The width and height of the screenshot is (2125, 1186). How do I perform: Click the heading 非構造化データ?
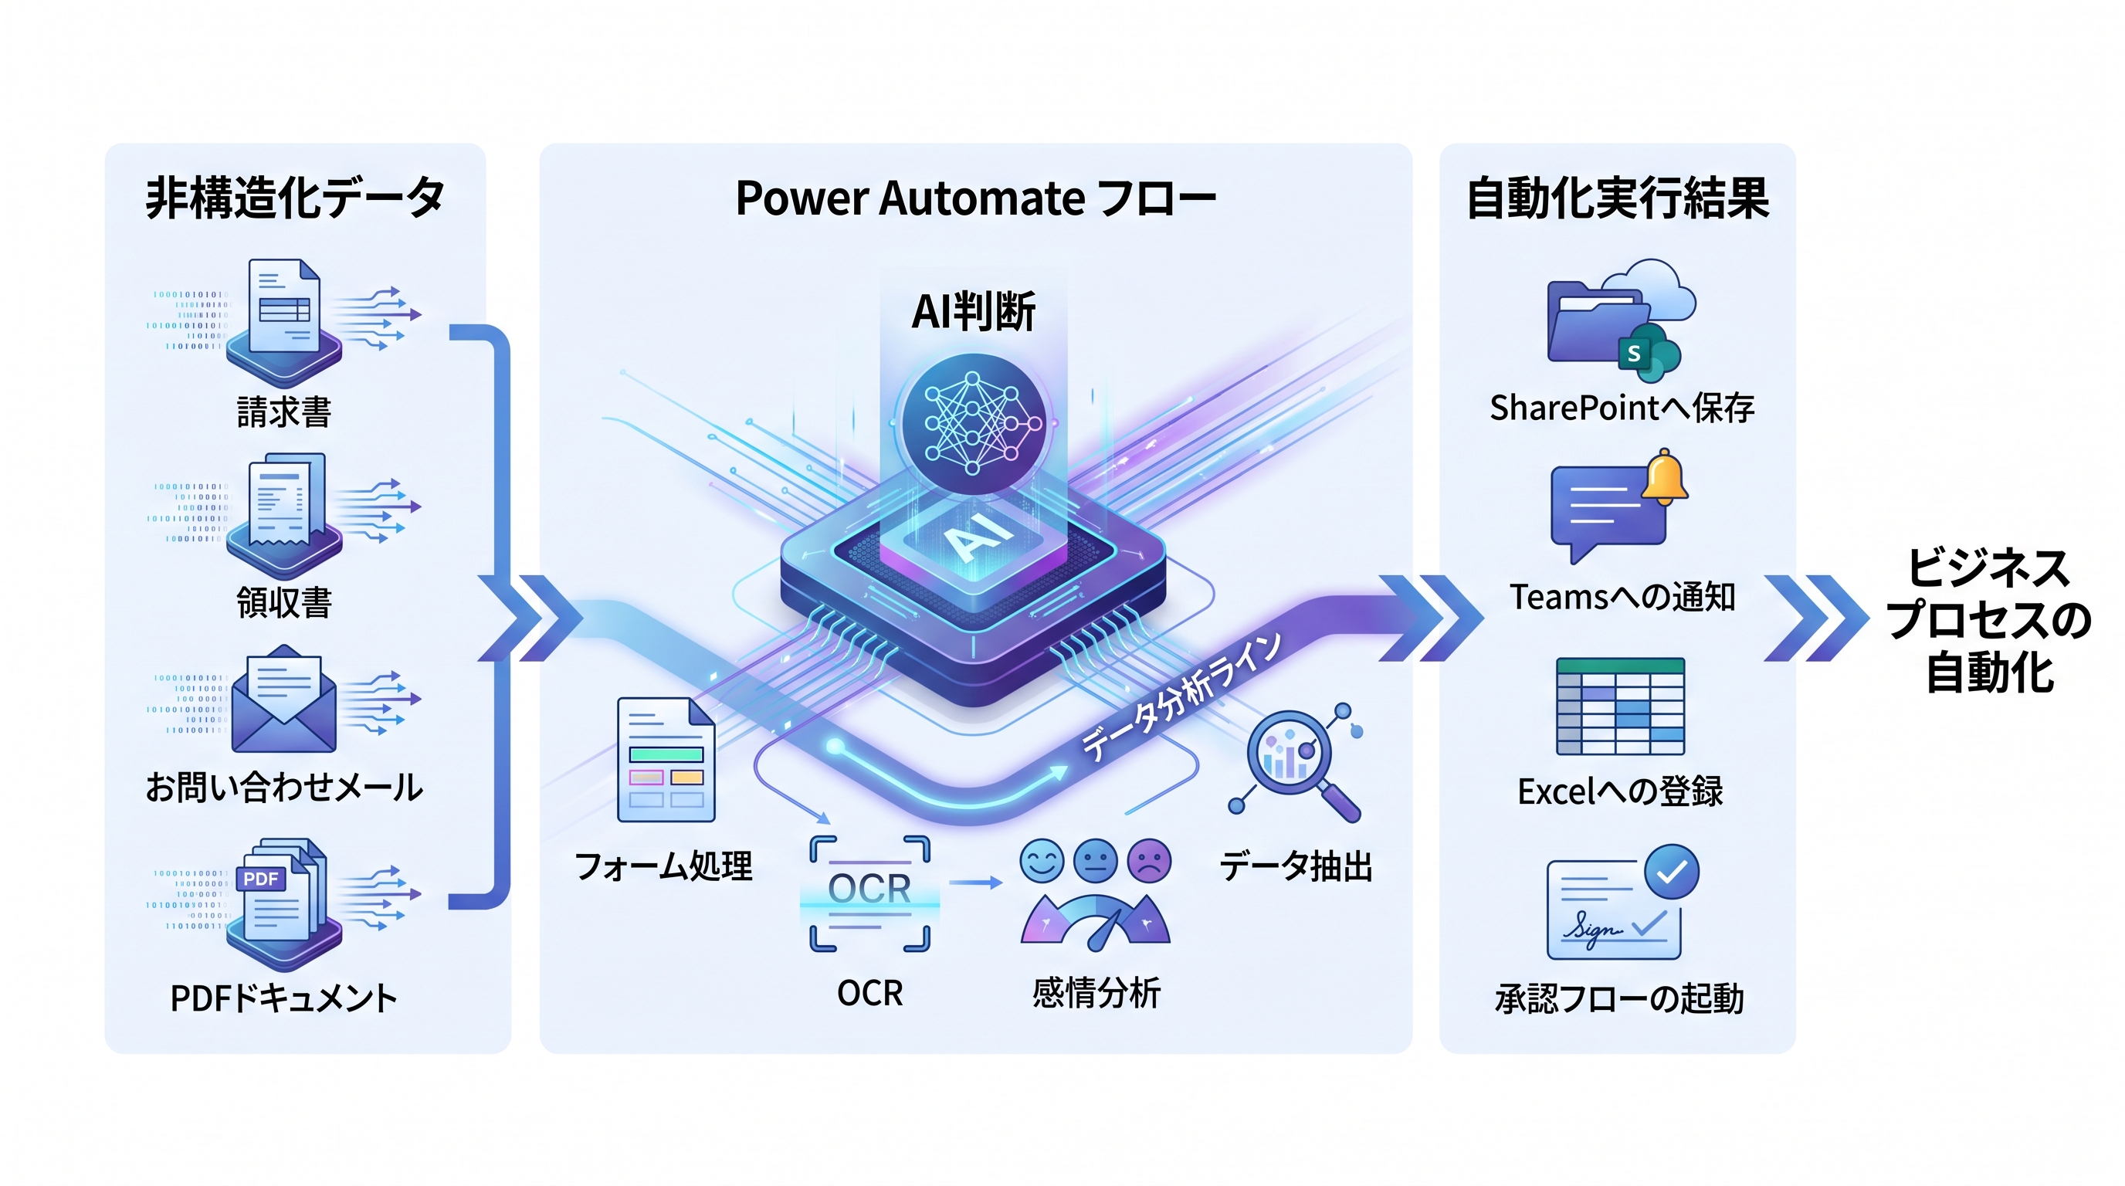click(295, 198)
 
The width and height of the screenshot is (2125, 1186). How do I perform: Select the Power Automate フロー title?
click(976, 198)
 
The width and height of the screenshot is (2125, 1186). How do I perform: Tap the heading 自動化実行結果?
click(1618, 198)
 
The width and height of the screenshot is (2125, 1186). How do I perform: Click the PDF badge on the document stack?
click(261, 879)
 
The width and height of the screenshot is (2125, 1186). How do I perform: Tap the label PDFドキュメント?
click(284, 998)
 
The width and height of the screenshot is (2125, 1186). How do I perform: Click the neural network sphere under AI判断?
click(974, 424)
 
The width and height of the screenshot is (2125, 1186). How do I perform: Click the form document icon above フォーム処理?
click(666, 760)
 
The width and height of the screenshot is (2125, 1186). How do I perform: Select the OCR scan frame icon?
click(869, 893)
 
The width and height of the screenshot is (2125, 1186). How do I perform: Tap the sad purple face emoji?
click(1149, 861)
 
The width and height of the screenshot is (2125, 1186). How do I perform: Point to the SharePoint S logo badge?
click(1633, 354)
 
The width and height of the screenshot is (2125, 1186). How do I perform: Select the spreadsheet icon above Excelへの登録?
click(1620, 706)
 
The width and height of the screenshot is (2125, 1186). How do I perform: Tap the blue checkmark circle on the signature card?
click(1671, 872)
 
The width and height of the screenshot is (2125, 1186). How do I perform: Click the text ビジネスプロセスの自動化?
click(1989, 620)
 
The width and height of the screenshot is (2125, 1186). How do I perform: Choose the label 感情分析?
click(1096, 992)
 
